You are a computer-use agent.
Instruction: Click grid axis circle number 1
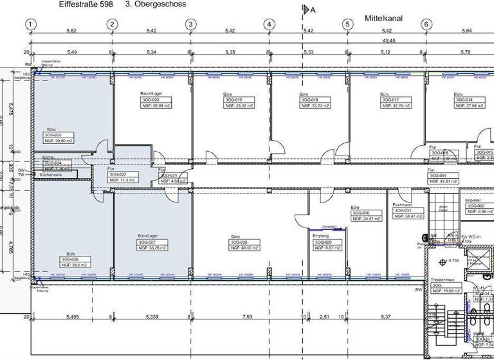pos(30,25)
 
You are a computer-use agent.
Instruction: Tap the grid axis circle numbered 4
pos(269,25)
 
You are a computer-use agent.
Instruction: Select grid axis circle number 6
pos(426,25)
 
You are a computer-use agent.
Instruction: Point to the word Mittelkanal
pos(383,19)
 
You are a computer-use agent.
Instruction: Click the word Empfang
pos(321,236)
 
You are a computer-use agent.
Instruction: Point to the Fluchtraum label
pos(402,204)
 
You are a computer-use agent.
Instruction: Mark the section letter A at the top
pos(313,10)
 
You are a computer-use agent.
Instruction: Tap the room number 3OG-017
pos(392,100)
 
